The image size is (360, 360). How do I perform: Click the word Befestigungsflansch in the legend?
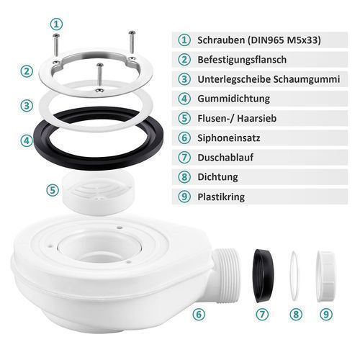242,60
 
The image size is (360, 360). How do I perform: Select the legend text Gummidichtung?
233,99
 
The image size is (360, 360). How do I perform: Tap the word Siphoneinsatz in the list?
229,138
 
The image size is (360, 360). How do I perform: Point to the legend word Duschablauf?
225,158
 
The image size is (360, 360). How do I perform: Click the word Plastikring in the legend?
221,197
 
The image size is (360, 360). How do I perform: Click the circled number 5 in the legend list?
184,118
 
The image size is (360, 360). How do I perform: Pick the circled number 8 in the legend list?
184,177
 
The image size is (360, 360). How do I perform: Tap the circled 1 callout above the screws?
56,24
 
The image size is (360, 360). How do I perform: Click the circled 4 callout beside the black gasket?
27,140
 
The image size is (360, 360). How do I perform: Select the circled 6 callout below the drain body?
199,314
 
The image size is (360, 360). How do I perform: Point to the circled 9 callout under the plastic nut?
326,314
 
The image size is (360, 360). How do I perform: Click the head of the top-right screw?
132,32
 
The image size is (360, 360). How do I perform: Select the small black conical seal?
264,276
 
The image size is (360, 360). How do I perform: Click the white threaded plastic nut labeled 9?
325,276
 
